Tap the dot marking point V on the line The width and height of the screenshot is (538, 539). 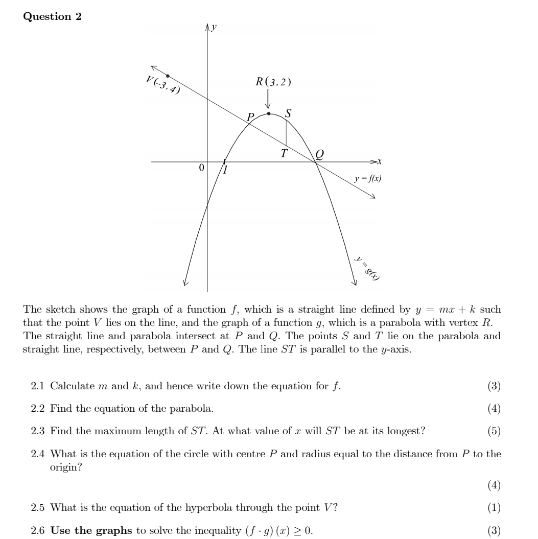[168, 76]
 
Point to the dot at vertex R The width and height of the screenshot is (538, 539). [269, 113]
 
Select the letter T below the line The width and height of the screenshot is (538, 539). [284, 152]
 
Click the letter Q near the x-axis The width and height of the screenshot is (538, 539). [319, 153]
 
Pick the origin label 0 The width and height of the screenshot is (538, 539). [201, 168]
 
